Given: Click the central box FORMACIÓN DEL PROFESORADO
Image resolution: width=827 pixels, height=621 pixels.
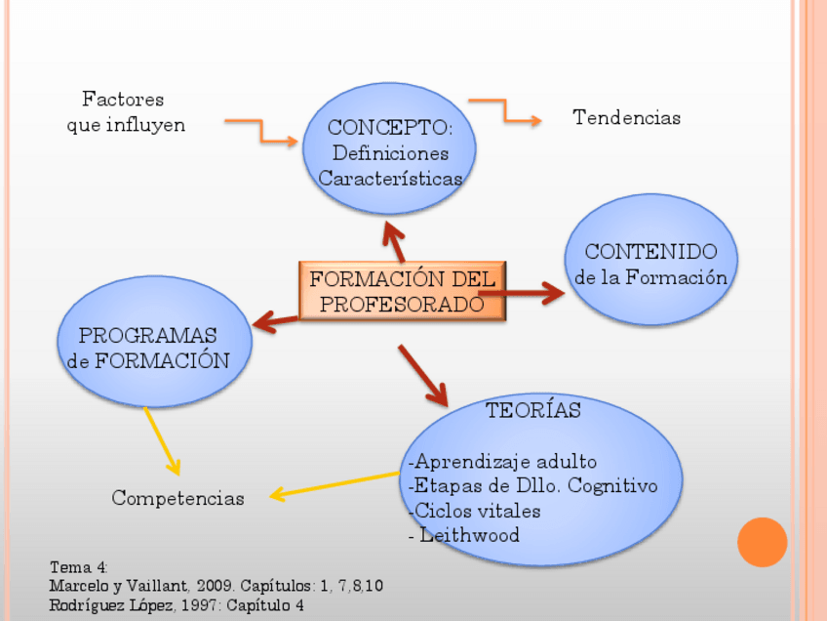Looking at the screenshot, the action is (402, 291).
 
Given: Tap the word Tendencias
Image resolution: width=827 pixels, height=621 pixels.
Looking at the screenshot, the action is (626, 118).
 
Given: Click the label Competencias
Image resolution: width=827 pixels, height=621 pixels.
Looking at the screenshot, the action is (177, 498).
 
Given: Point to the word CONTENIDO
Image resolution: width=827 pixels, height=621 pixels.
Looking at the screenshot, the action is (650, 251).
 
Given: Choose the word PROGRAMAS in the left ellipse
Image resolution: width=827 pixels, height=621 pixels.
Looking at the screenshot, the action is (147, 335).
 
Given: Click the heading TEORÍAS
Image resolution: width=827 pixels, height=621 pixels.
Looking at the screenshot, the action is (533, 410).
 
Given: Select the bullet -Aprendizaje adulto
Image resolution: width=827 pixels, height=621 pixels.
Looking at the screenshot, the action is (501, 461).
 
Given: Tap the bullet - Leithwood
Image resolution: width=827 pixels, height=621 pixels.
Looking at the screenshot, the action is (464, 535).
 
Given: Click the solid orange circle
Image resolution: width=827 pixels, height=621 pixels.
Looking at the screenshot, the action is (762, 542).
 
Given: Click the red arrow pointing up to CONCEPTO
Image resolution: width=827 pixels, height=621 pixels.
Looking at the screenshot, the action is (393, 240).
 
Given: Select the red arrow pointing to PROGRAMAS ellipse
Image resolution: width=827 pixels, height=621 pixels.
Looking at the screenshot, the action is (275, 320).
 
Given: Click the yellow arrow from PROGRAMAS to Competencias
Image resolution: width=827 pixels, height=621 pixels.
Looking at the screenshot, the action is (162, 441).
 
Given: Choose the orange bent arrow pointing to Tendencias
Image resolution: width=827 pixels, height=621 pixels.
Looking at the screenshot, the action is (505, 110).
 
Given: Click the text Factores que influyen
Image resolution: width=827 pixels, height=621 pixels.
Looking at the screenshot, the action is (125, 112).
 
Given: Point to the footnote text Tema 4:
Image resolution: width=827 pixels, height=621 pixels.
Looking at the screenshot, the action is (79, 567).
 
